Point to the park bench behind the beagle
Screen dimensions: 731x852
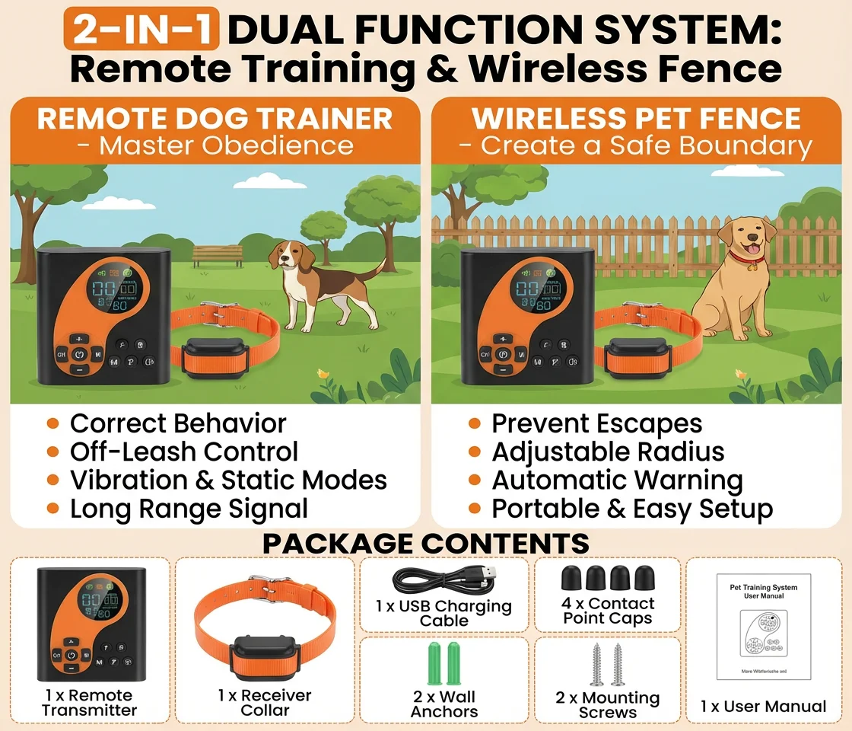pos(218,254)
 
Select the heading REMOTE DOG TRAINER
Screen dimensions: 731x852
pos(215,119)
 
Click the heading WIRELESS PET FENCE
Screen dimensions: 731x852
pos(636,119)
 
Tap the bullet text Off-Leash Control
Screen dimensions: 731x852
pos(183,452)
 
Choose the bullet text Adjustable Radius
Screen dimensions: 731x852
pos(608,452)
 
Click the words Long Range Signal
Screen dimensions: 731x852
pos(189,509)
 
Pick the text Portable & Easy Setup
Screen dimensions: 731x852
pos(632,509)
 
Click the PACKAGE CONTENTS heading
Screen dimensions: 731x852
pos(426,543)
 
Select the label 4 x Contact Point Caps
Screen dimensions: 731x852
pos(607,611)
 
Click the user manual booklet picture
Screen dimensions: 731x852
pos(763,626)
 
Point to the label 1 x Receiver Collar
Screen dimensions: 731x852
pos(265,702)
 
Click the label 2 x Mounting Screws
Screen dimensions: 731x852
pos(607,705)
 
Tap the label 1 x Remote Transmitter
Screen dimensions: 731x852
pos(89,702)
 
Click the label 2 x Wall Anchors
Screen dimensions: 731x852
pos(444,704)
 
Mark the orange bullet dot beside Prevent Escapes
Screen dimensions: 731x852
pos(475,423)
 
